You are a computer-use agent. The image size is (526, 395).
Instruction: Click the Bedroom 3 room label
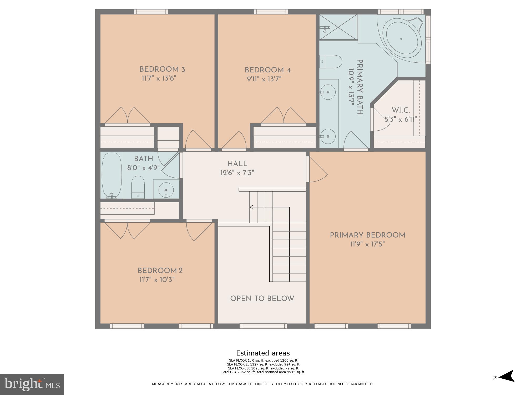pyautogui.click(x=162, y=70)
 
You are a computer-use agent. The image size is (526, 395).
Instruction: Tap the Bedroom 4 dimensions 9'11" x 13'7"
pyautogui.click(x=264, y=79)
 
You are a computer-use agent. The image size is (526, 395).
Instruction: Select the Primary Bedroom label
pyautogui.click(x=367, y=235)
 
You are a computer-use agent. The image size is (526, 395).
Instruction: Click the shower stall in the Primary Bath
pyautogui.click(x=338, y=27)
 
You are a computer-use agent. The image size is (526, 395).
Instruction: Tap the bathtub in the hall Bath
pyautogui.click(x=112, y=175)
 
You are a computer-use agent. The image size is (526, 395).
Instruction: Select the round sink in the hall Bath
pyautogui.click(x=166, y=189)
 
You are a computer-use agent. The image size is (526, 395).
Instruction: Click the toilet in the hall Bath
pyautogui.click(x=138, y=187)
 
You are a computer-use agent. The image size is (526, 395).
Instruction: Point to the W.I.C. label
pyautogui.click(x=401, y=110)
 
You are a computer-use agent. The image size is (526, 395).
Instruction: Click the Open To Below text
pyautogui.click(x=262, y=299)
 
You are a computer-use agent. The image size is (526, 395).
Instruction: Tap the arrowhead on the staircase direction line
pyautogui.click(x=251, y=207)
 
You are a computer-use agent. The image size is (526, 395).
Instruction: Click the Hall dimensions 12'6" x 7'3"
pyautogui.click(x=237, y=173)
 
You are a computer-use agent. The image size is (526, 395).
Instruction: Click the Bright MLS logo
pyautogui.click(x=32, y=384)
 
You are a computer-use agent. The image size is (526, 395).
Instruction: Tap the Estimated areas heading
pyautogui.click(x=263, y=353)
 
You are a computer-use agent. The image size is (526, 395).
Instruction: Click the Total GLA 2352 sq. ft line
pyautogui.click(x=263, y=372)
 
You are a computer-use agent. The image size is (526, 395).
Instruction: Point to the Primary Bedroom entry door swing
pyautogui.click(x=317, y=170)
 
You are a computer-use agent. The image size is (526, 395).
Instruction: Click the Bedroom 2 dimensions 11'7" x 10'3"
pyautogui.click(x=157, y=280)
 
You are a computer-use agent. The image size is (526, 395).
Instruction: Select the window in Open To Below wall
pyautogui.click(x=263, y=326)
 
